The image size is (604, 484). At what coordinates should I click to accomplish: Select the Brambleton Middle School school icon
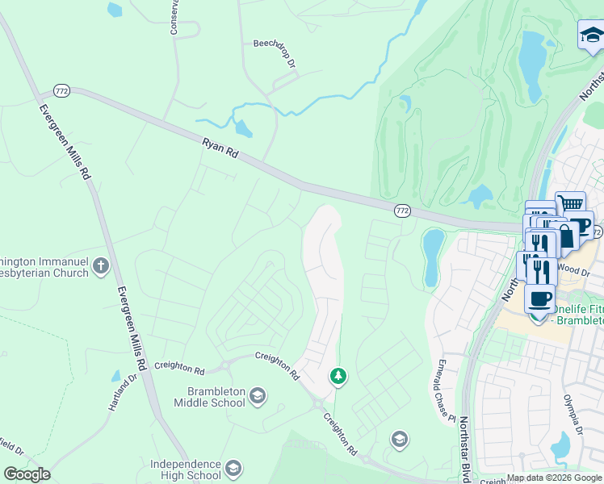click(257, 394)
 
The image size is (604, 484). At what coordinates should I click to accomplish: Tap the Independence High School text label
click(186, 469)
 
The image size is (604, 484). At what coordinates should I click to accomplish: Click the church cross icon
click(100, 265)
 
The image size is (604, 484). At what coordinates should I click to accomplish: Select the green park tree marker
click(338, 375)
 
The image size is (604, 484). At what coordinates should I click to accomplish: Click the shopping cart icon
click(571, 204)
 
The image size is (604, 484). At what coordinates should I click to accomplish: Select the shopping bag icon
click(565, 236)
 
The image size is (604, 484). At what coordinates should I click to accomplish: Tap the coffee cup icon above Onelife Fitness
click(539, 298)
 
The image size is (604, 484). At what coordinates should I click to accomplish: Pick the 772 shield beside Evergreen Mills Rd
click(62, 90)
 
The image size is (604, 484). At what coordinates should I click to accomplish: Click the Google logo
click(27, 474)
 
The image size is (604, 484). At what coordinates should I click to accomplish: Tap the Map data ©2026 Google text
click(553, 478)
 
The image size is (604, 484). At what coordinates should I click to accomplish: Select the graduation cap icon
click(592, 35)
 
